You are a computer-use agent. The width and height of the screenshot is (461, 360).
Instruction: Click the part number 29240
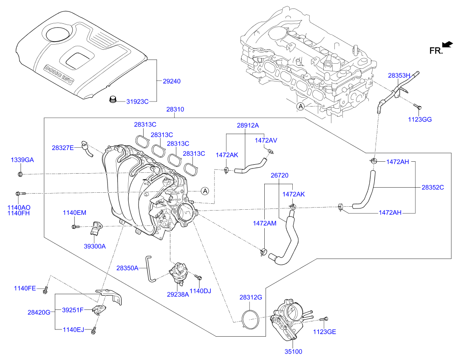point(172,81)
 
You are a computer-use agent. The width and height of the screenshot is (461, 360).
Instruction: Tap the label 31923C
point(137,101)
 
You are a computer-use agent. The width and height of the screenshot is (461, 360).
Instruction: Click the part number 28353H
point(399,76)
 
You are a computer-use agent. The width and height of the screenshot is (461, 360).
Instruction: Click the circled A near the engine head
point(300,106)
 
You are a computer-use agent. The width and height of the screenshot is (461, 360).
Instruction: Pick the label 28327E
point(63,148)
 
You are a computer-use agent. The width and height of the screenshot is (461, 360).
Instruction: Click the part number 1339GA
point(22,160)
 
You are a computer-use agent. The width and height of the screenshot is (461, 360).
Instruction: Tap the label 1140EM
point(74,213)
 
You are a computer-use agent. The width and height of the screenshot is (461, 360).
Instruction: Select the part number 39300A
point(94,246)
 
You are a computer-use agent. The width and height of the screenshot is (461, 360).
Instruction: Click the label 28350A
point(127,268)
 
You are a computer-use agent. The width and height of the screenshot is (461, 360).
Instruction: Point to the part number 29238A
point(177,294)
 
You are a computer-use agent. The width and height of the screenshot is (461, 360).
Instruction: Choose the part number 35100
point(293,352)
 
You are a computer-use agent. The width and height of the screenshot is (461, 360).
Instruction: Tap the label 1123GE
point(325,332)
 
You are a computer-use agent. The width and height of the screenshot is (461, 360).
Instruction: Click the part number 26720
point(280,175)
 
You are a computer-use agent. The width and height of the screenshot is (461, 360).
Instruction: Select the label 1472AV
point(266,140)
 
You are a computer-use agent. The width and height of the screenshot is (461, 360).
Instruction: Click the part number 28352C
point(433,187)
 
